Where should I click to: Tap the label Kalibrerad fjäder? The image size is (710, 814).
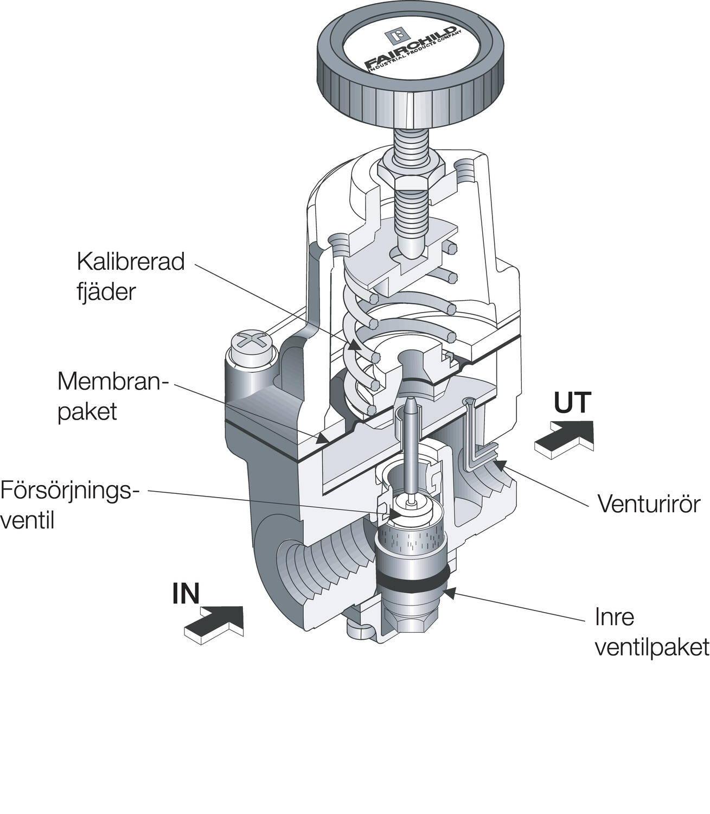pos(130,276)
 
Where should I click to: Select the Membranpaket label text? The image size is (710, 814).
pos(113,396)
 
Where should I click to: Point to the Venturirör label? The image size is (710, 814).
pos(649,504)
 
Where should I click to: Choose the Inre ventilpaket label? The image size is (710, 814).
pos(651,632)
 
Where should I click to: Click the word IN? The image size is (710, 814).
pos(186,594)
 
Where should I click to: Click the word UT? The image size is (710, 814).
pos(572,404)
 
